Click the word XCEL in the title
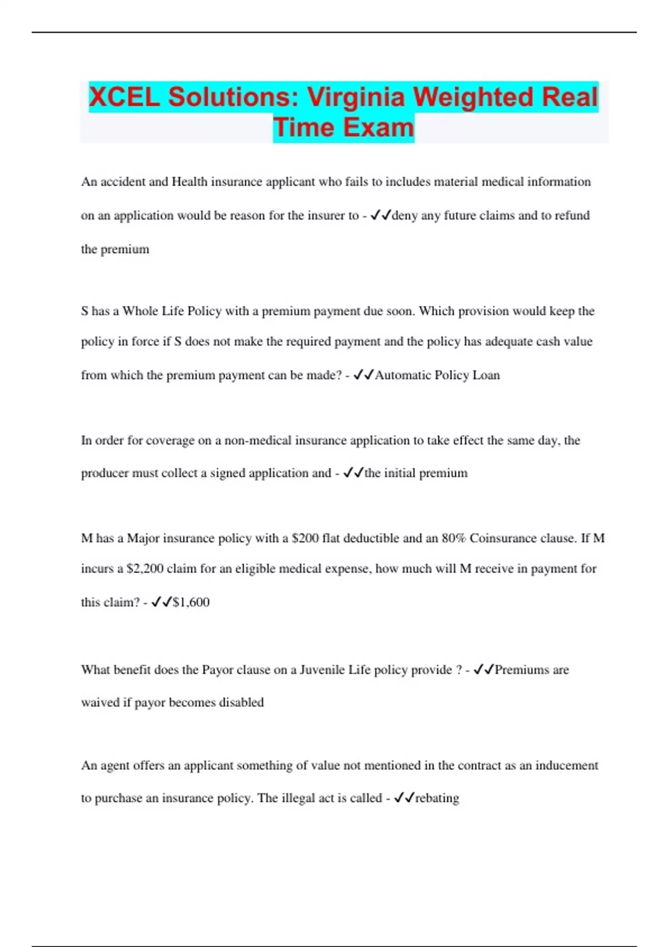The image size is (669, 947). click(x=124, y=97)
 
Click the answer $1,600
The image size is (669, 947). click(x=191, y=602)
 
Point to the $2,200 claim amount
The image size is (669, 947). click(x=145, y=569)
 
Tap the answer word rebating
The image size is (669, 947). click(x=437, y=798)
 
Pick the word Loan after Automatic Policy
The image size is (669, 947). click(x=486, y=375)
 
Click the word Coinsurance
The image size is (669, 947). click(x=505, y=538)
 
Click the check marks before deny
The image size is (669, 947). click(x=381, y=216)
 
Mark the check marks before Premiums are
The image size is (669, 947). click(x=483, y=670)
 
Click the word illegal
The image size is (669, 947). click(x=298, y=798)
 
